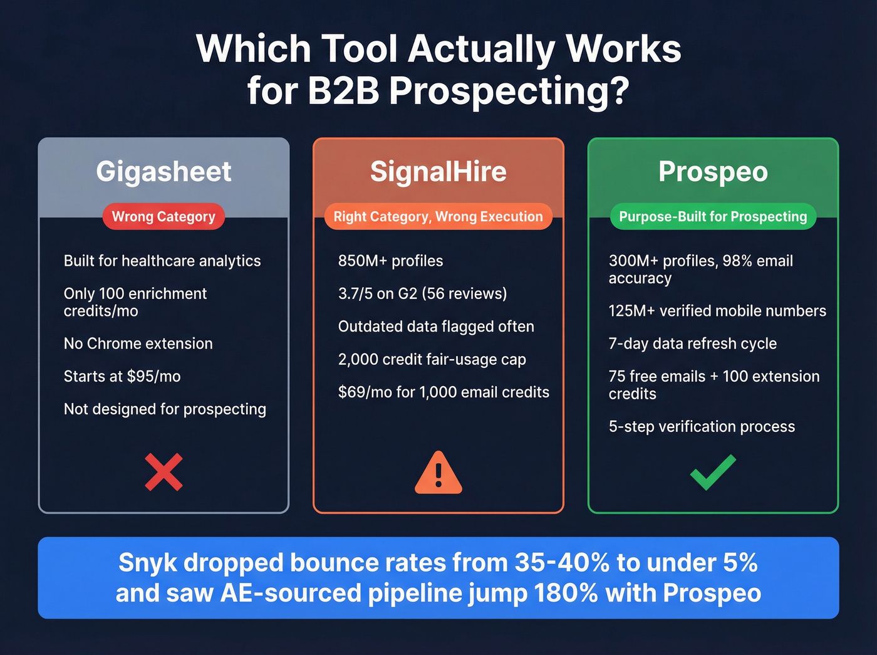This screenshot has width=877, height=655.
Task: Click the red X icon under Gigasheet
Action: [163, 471]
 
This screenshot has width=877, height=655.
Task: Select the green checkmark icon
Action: [713, 472]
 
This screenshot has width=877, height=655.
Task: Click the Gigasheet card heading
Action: [163, 172]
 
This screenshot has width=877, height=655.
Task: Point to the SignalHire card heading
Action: [438, 172]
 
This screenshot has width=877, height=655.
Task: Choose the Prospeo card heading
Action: [713, 172]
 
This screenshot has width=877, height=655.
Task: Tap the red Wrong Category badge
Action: [163, 217]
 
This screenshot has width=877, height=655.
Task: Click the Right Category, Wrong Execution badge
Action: [438, 217]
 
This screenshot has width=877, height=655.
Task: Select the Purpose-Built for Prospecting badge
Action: [713, 217]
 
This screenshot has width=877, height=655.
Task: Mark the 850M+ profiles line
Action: [390, 261]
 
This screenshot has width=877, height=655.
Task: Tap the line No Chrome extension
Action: [138, 344]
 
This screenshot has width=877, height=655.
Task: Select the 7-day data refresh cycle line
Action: [692, 344]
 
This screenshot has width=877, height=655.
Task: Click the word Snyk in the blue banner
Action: [148, 563]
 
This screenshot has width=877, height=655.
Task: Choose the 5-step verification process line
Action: [702, 427]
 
